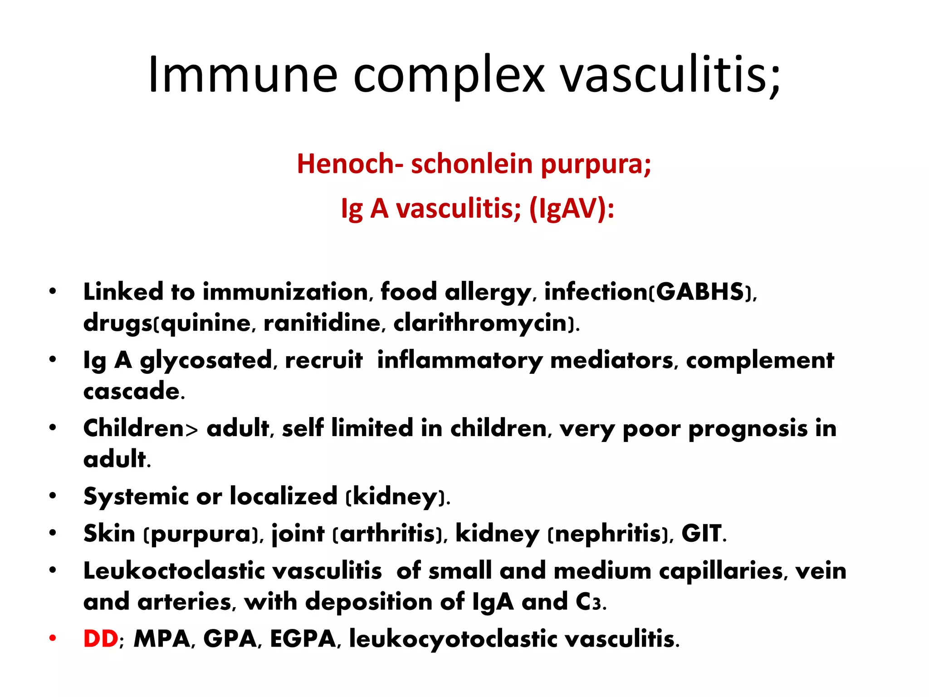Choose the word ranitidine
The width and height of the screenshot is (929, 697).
[x=323, y=323]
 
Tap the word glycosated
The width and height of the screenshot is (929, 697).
[x=205, y=361]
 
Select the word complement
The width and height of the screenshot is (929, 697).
[x=760, y=361]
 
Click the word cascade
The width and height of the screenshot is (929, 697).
[x=132, y=391]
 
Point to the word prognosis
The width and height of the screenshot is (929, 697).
[x=748, y=429]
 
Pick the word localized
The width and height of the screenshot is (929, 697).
[x=284, y=496]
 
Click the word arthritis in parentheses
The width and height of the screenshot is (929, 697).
[x=388, y=534]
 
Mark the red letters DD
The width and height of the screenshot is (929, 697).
[x=101, y=639]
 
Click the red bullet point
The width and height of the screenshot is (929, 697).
[x=53, y=638]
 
